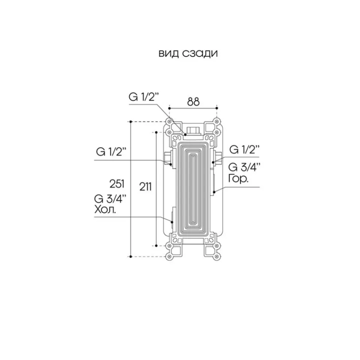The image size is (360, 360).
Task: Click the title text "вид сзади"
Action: (x=188, y=54)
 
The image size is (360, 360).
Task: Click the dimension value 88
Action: (x=193, y=102)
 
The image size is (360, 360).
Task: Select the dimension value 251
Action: (x=117, y=184)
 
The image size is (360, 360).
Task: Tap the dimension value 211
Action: (x=145, y=187)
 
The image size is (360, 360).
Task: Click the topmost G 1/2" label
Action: (x=144, y=97)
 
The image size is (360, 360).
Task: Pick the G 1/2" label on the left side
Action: (x=111, y=152)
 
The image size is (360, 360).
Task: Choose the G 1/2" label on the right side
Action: (x=244, y=150)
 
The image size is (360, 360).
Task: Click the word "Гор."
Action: (x=238, y=178)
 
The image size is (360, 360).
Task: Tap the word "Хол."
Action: (x=105, y=209)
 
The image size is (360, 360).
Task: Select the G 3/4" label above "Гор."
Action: (x=244, y=167)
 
